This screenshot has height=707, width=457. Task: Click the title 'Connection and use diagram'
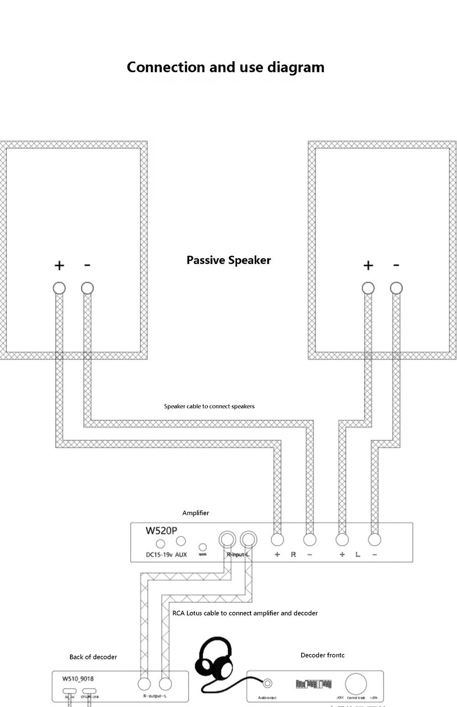(x=225, y=67)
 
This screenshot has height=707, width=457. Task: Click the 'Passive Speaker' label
(x=228, y=260)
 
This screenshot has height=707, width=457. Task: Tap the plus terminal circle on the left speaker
(x=59, y=288)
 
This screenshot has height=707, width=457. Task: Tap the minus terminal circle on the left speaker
(x=87, y=288)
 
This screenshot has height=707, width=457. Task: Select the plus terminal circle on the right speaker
(x=368, y=288)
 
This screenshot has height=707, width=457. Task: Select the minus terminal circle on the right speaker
(x=396, y=288)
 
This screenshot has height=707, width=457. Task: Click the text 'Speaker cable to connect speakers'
(x=209, y=406)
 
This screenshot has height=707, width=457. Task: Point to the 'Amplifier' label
(x=196, y=513)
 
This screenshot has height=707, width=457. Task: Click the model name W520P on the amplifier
(x=161, y=531)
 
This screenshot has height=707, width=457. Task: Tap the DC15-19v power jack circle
(x=160, y=544)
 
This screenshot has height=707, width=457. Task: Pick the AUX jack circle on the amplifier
(x=181, y=541)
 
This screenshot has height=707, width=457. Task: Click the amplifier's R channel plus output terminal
(x=277, y=540)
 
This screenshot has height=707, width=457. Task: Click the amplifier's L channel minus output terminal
(x=374, y=540)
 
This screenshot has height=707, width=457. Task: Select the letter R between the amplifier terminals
(x=293, y=554)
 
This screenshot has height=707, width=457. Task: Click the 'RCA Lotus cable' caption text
(x=245, y=613)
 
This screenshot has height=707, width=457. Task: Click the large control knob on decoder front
(x=356, y=684)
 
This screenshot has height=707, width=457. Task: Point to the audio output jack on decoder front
(x=268, y=684)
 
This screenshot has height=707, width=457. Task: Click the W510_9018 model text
(x=78, y=679)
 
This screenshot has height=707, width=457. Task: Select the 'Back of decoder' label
(x=93, y=657)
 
